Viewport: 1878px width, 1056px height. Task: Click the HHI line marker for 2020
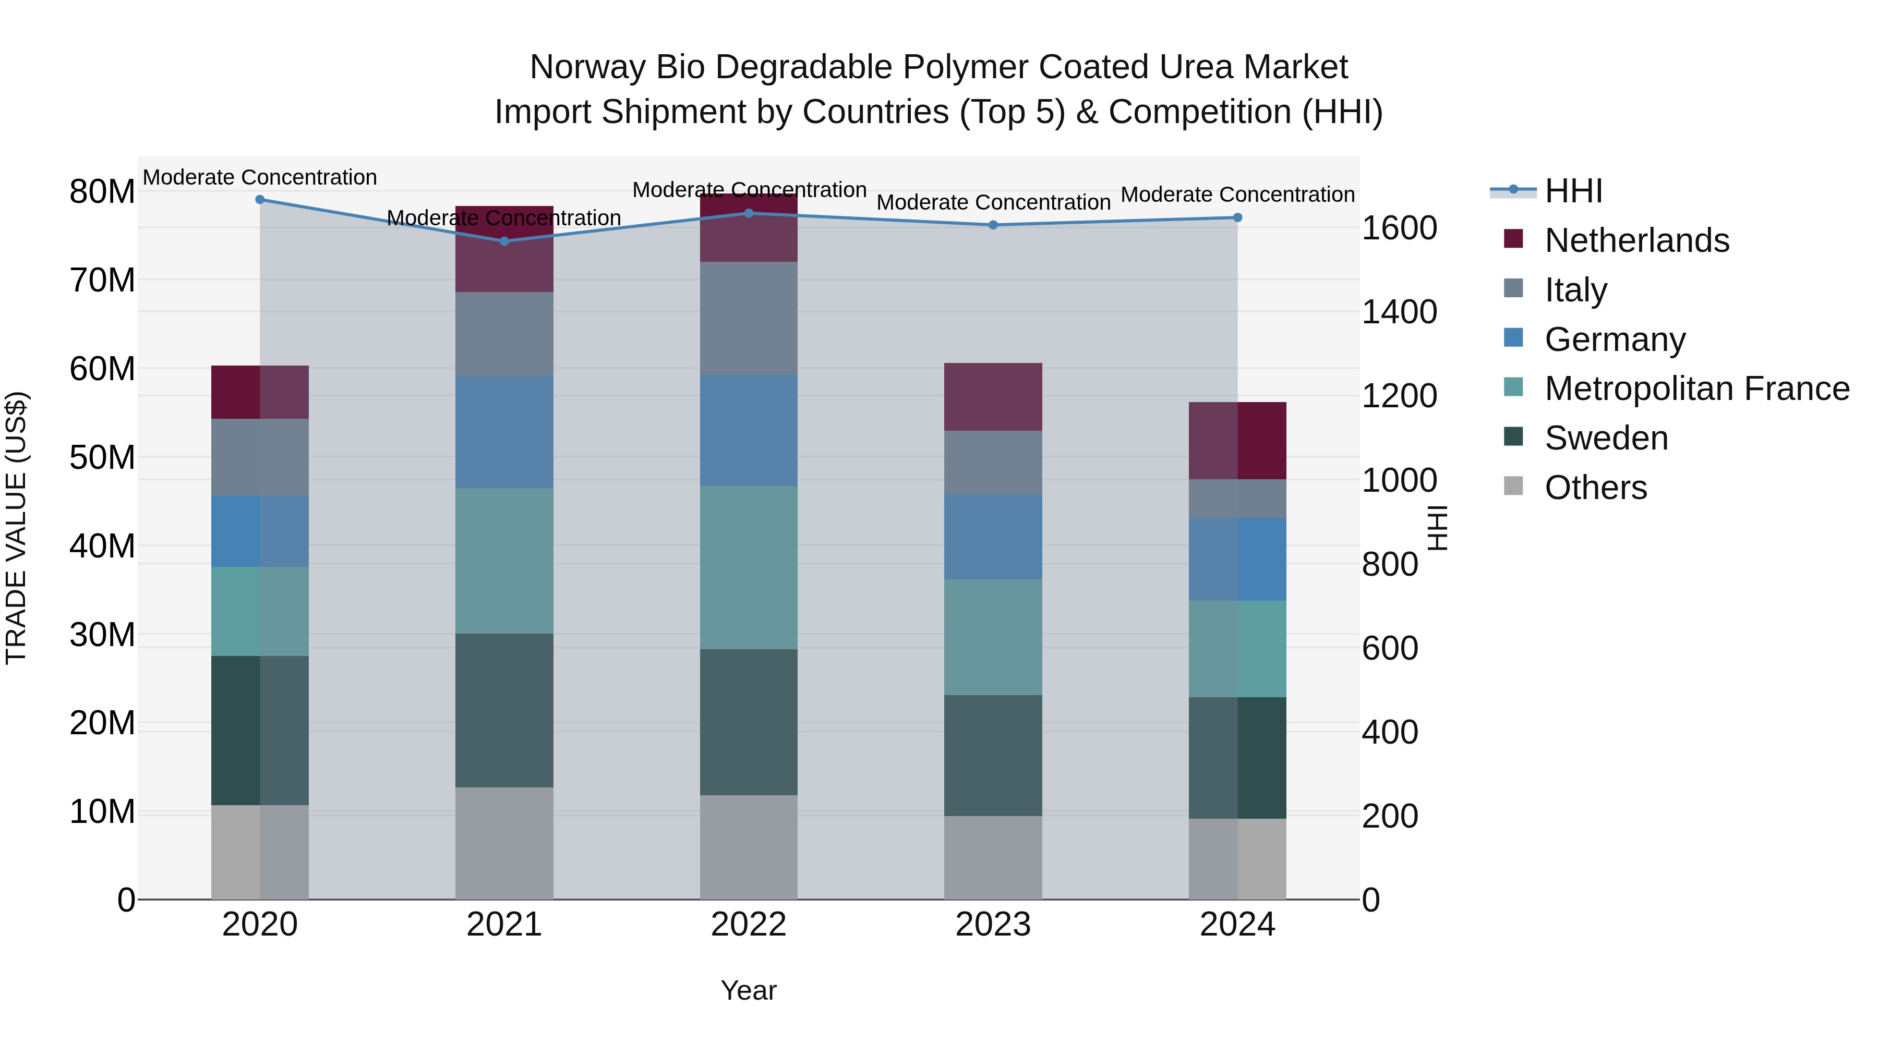pyautogui.click(x=260, y=199)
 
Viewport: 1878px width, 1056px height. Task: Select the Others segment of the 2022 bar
pyautogui.click(x=749, y=847)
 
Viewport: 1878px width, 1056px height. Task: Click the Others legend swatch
pyautogui.click(x=1513, y=486)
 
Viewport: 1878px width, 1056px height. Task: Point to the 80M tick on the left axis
pyautogui.click(x=102, y=192)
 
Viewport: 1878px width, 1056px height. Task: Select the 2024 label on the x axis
pyautogui.click(x=1237, y=925)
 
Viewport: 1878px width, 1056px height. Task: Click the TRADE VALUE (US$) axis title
pyautogui.click(x=16, y=528)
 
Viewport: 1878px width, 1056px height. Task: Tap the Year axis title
pyautogui.click(x=749, y=990)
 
